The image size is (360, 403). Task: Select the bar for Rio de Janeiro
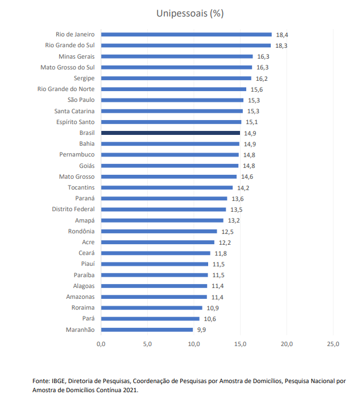[187, 35]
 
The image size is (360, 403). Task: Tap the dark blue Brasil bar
[171, 133]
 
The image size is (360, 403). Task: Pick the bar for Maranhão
[147, 330]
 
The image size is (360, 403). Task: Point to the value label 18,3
[281, 46]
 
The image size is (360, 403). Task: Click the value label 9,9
[202, 330]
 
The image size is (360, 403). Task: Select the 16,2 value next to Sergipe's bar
[262, 79]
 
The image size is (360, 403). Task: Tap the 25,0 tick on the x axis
[333, 344]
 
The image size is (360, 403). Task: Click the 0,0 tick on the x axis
[101, 344]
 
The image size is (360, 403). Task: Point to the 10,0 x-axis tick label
[194, 344]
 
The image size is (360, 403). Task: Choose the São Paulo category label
[81, 100]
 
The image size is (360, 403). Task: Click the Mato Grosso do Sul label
[67, 67]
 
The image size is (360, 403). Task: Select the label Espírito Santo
[75, 122]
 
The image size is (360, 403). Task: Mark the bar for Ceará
[156, 253]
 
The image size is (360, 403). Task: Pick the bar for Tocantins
[167, 187]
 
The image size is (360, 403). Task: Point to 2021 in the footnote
[130, 390]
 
